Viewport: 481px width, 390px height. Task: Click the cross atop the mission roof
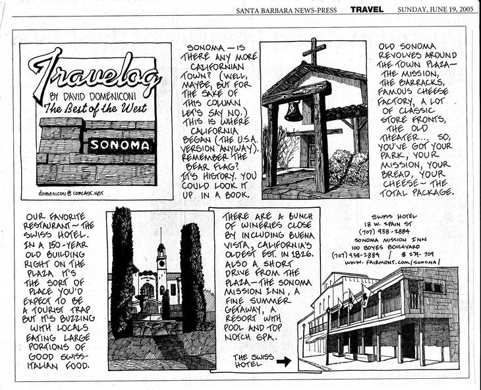314,51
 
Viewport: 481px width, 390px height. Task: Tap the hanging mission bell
293,111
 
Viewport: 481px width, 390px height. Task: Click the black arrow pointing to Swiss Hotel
283,361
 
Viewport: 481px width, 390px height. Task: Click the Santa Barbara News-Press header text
287,10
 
